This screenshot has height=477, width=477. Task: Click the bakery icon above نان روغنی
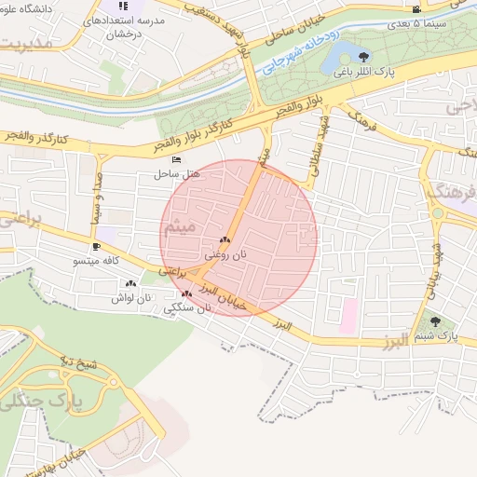(224, 239)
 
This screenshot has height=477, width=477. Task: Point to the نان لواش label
(130, 297)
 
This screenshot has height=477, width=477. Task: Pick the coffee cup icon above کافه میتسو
(96, 246)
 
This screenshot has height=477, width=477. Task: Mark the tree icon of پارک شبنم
(435, 321)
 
